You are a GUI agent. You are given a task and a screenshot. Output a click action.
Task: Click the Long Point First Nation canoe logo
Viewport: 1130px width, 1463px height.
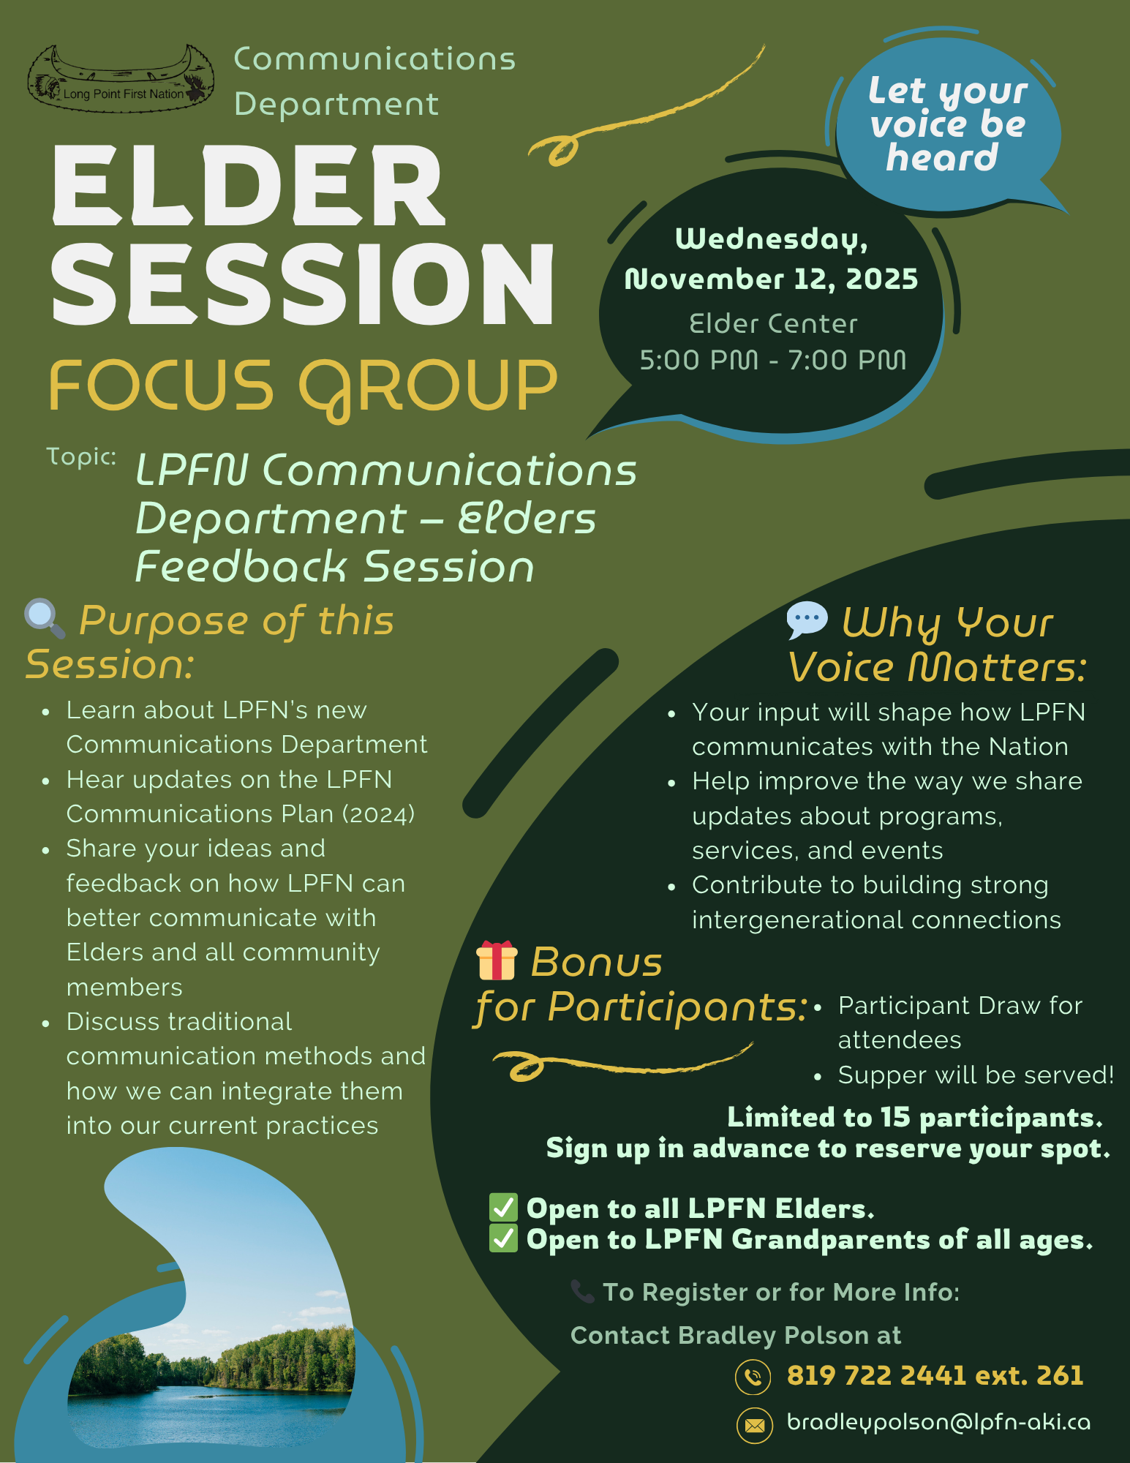point(121,79)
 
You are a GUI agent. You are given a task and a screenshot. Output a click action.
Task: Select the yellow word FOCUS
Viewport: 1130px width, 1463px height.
point(161,385)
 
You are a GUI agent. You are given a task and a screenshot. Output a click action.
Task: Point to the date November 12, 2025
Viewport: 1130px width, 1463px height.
point(771,279)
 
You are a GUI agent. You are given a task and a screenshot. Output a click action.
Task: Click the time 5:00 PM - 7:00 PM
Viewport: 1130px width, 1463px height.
point(773,360)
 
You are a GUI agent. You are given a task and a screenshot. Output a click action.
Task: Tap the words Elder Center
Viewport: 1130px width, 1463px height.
point(773,323)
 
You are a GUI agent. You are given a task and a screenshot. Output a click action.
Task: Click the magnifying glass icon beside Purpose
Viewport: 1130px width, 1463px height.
point(45,619)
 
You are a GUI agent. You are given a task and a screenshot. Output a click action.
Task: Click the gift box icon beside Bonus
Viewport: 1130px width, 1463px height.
point(497,960)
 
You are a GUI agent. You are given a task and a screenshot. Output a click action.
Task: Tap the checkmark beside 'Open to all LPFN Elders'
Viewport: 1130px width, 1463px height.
point(503,1208)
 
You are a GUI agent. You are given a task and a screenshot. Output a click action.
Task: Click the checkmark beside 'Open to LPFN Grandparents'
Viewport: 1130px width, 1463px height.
point(503,1238)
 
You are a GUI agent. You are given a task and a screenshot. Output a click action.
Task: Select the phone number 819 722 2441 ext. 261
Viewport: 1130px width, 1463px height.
point(935,1375)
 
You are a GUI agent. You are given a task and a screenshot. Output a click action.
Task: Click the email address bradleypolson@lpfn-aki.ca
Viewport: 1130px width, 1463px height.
point(938,1422)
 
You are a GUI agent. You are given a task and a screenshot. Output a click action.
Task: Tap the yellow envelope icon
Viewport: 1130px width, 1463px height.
point(754,1425)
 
